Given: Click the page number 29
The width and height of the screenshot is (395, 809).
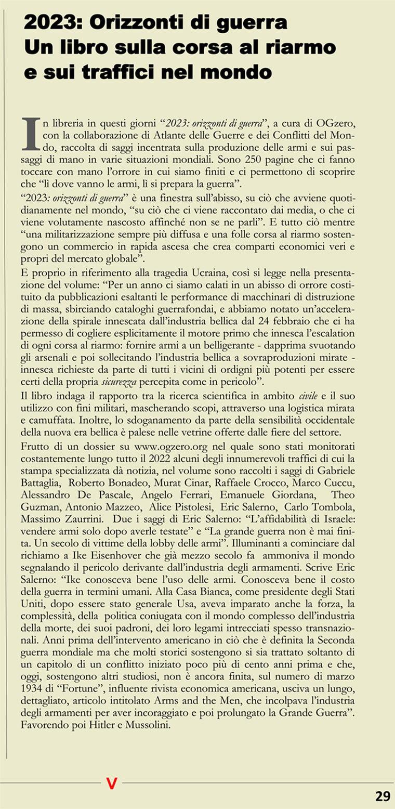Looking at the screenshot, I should [383, 796].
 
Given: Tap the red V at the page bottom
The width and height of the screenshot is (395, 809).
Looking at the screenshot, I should [111, 784].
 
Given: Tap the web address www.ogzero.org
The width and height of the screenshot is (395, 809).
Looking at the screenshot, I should [164, 447].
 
